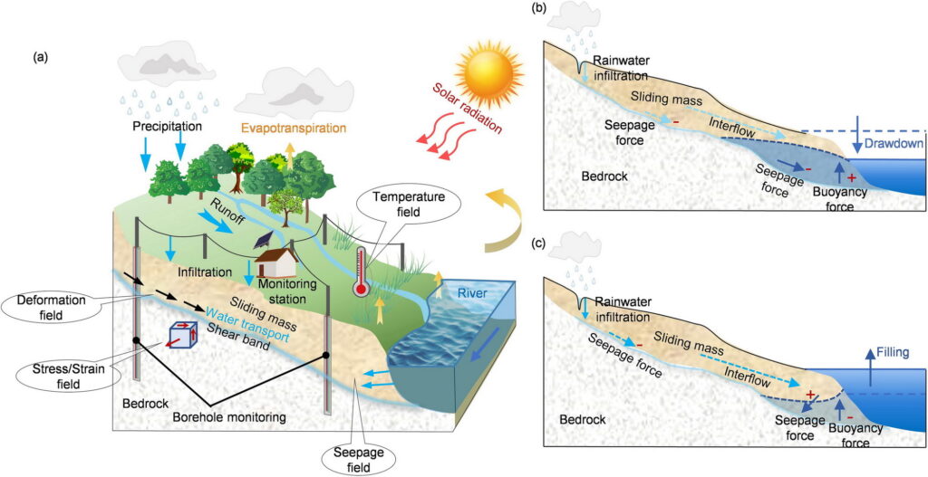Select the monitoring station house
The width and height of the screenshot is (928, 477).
coord(276,262)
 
